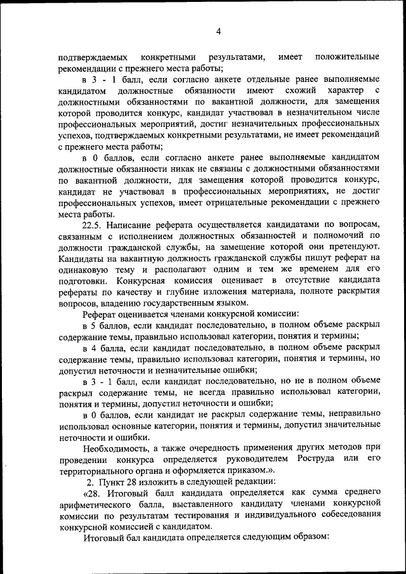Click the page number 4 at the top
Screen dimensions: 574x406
coord(218,32)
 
